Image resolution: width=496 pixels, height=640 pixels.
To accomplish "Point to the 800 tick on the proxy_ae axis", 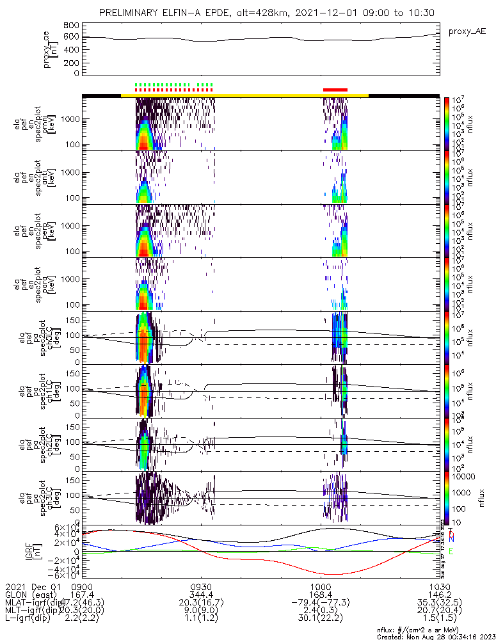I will tap(72, 26).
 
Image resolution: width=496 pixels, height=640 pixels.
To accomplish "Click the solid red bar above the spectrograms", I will tap(335, 90).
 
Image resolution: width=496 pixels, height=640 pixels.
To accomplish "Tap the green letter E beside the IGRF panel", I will tap(451, 551).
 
